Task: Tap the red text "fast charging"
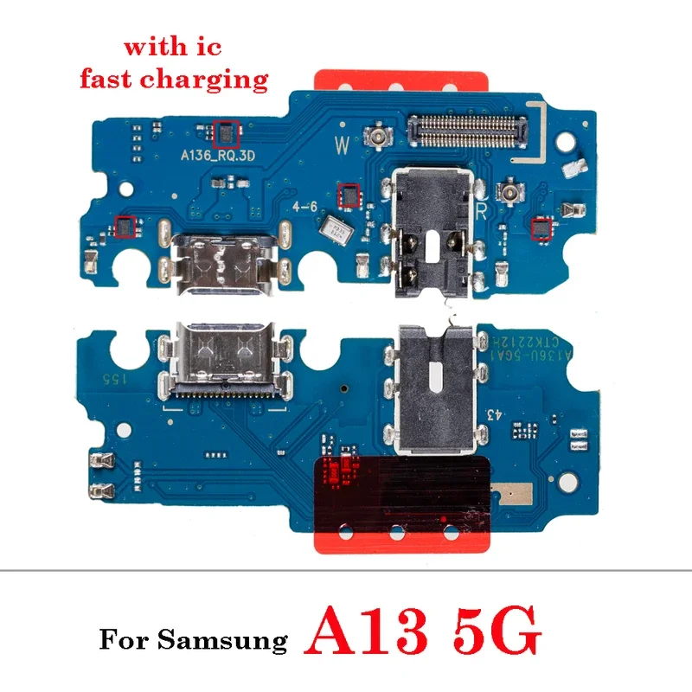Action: click(174, 80)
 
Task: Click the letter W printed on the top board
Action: click(342, 146)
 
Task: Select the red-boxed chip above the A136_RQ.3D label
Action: click(223, 132)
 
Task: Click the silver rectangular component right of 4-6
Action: click(335, 229)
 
